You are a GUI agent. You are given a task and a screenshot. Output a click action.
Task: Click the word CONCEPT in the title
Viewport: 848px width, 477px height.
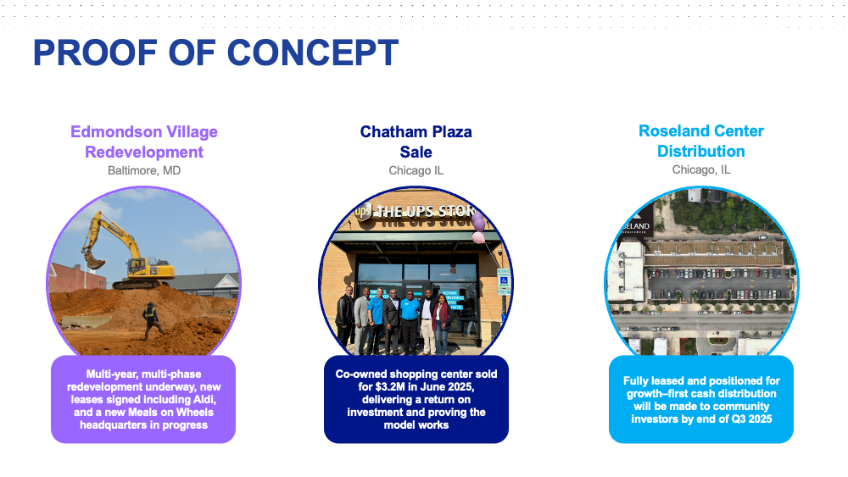point(313,53)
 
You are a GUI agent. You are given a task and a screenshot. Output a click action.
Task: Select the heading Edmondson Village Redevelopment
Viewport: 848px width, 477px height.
point(144,141)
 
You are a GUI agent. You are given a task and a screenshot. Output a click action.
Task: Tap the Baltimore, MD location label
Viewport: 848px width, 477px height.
point(144,170)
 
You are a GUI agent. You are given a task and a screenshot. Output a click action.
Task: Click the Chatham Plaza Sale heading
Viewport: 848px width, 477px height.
point(416,141)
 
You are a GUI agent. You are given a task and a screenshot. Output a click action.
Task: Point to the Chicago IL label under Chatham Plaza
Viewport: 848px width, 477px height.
point(416,170)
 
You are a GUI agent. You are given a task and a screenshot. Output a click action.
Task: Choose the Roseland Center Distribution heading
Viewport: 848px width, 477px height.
point(701,141)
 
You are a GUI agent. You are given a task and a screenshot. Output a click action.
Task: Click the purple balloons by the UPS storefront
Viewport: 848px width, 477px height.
point(478,227)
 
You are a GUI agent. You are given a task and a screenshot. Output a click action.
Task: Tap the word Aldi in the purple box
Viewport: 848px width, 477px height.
point(204,400)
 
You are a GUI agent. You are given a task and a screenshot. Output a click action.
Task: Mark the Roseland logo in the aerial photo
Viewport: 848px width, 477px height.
point(634,227)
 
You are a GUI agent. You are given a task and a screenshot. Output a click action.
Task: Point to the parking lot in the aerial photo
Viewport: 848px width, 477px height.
point(719,283)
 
